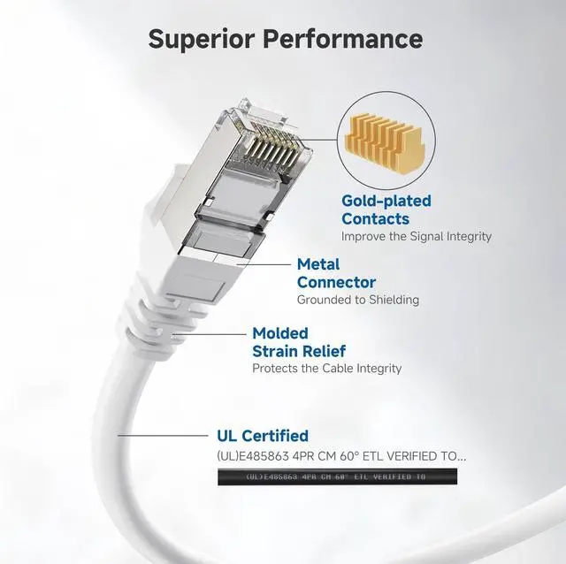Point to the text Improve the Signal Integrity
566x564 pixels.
tap(416, 236)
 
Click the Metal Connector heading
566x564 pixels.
tap(336, 273)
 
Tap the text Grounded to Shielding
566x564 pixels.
tap(357, 300)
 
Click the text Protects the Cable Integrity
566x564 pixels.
tap(326, 368)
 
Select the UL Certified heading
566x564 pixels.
tap(263, 436)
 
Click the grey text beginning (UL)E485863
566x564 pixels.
tap(340, 456)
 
